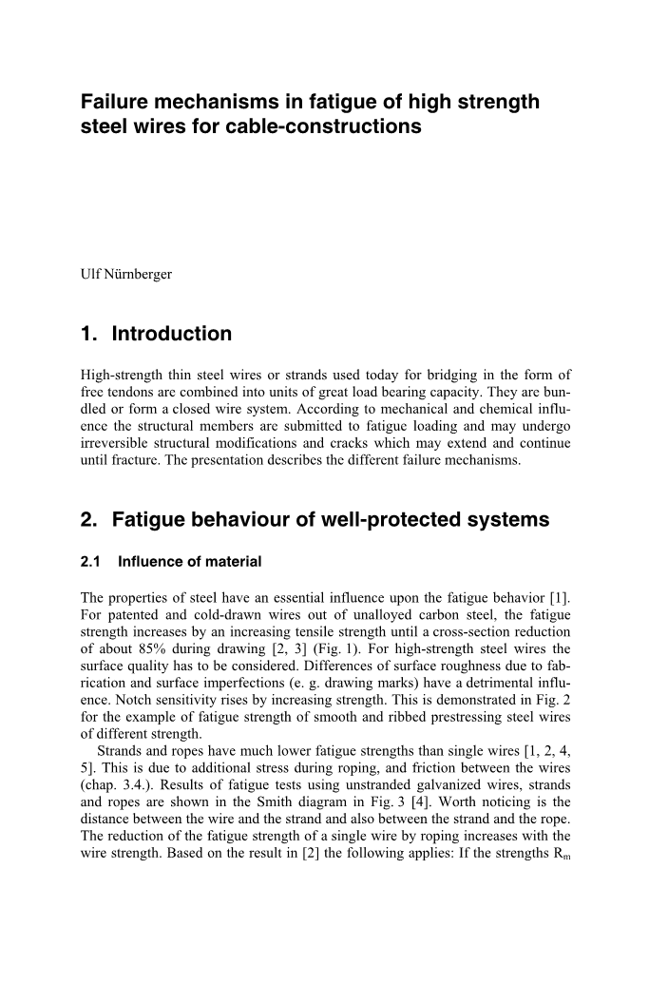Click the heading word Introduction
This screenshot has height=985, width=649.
[x=172, y=335]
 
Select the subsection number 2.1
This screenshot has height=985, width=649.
[x=93, y=562]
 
